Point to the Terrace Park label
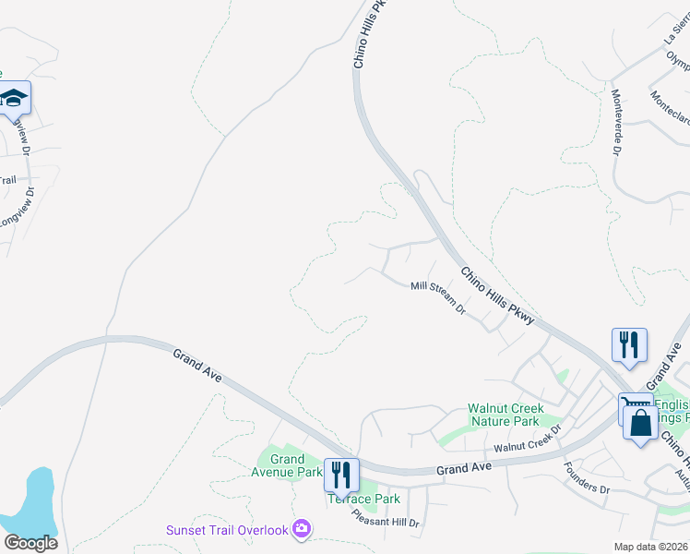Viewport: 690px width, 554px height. [x=363, y=500]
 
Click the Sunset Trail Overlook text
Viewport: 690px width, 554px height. [x=225, y=530]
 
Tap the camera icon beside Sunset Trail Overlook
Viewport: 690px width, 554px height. [x=301, y=529]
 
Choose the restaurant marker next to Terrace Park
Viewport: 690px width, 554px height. [x=341, y=475]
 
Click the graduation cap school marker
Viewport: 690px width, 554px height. [x=14, y=97]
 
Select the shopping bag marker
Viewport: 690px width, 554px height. [x=640, y=425]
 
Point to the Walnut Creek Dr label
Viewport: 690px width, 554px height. [x=527, y=447]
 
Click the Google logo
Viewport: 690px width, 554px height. [x=30, y=542]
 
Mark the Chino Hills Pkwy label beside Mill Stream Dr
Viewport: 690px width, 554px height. [x=497, y=295]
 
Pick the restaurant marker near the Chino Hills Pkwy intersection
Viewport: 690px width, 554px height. [x=629, y=345]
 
